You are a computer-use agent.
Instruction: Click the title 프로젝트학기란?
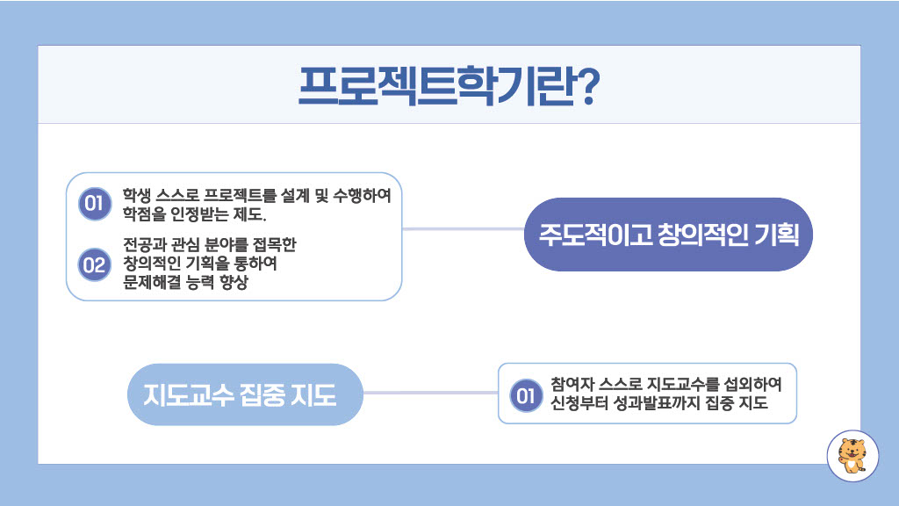pos(449,86)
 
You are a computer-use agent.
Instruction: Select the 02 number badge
pos(95,264)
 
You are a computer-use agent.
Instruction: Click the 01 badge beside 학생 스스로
pos(95,204)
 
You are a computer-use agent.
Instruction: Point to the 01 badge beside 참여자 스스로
pos(526,395)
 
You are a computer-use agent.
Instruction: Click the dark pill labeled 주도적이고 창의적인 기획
pos(668,234)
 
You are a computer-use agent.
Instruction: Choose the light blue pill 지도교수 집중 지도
pos(246,394)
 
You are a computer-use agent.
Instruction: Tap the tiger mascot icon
pos(852,456)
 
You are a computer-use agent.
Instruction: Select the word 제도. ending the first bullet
pos(250,214)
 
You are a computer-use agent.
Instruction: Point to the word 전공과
pos(145,245)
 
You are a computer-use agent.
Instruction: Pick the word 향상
pos(234,282)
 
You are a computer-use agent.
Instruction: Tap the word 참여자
pos(572,384)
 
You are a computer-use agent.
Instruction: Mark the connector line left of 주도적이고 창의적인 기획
pos(464,229)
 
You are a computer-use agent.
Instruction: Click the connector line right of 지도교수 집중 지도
pos(430,393)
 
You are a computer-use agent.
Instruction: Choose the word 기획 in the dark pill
pos(777,235)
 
